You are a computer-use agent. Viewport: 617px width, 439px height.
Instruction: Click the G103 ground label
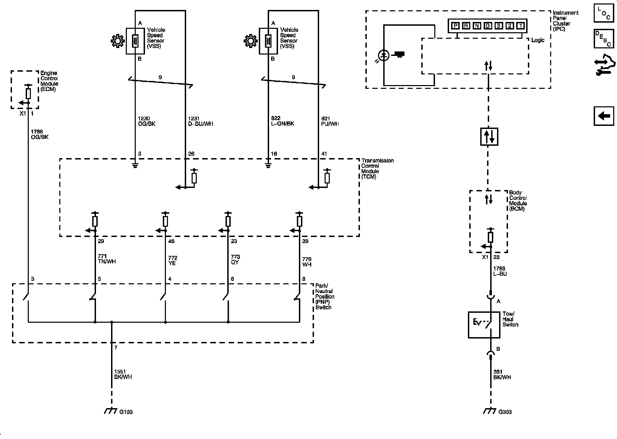tap(126, 412)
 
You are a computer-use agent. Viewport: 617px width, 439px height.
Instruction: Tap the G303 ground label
tap(505, 412)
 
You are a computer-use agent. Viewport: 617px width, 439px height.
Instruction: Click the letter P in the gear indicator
tap(455, 25)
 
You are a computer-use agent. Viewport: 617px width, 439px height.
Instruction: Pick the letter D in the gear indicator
tap(487, 25)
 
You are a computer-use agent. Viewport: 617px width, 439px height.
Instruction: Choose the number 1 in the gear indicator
tap(520, 25)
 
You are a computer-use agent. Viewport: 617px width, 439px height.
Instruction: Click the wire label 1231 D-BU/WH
tap(201, 121)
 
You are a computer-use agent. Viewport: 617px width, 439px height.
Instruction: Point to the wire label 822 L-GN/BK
tap(282, 121)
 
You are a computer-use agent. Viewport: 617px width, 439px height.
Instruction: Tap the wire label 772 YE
tap(173, 260)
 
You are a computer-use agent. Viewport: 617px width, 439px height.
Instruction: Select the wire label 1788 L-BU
tap(500, 271)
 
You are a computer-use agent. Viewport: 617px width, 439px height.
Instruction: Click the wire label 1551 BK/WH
tap(123, 374)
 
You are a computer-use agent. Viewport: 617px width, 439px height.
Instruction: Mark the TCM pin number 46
tap(171, 241)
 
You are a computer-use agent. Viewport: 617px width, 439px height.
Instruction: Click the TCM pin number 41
tap(324, 154)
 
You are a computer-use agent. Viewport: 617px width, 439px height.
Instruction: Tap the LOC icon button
tap(604, 13)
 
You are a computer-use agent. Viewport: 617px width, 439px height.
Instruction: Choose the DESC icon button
tap(604, 39)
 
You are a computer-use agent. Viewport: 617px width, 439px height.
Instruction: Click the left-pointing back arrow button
tap(604, 116)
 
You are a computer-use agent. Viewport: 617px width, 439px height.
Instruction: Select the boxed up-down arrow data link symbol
tap(489, 137)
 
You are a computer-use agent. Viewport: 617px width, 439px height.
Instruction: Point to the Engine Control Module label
tap(49, 81)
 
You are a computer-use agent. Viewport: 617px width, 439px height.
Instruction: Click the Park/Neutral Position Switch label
tap(325, 297)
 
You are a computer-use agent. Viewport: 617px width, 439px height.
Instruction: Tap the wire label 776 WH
tap(307, 262)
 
